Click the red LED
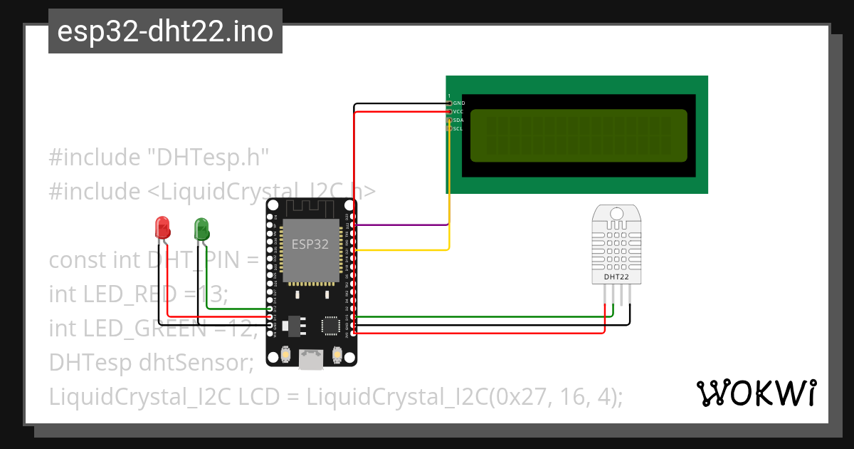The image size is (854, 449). click(x=163, y=228)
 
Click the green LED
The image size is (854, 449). click(x=201, y=229)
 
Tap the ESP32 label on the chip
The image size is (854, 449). click(x=310, y=244)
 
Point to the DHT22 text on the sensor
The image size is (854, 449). click(x=616, y=277)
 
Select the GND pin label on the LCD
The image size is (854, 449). click(x=459, y=103)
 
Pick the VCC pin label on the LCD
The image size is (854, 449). click(x=459, y=112)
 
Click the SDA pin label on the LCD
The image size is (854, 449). click(x=459, y=120)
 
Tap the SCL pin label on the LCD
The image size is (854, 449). click(x=459, y=129)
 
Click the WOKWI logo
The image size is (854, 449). click(x=756, y=393)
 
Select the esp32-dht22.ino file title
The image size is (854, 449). click(x=165, y=32)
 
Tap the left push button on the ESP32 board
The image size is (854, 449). click(x=285, y=353)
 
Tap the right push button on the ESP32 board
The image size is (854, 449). click(x=337, y=353)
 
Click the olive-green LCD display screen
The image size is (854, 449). click(x=579, y=135)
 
